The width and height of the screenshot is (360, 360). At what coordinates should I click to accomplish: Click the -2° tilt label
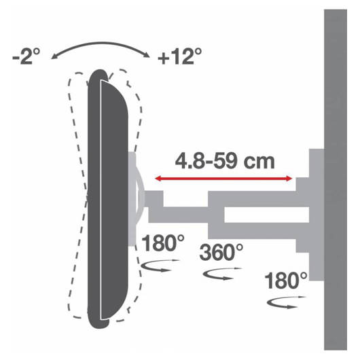26,56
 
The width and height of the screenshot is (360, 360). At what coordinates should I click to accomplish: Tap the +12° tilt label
180,56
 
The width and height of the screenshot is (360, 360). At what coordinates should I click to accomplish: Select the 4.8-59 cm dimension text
225,161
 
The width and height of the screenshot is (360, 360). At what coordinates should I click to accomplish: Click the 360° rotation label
221,252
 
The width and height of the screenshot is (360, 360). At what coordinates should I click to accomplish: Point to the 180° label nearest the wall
286,281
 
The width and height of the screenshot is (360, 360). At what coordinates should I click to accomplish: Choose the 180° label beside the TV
163,243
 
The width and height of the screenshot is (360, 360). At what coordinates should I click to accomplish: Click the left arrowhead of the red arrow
158,179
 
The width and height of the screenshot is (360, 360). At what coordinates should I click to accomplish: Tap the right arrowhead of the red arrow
289,179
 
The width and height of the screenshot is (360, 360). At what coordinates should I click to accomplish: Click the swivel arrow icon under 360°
222,274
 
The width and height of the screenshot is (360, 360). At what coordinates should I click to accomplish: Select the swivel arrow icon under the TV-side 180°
160,266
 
